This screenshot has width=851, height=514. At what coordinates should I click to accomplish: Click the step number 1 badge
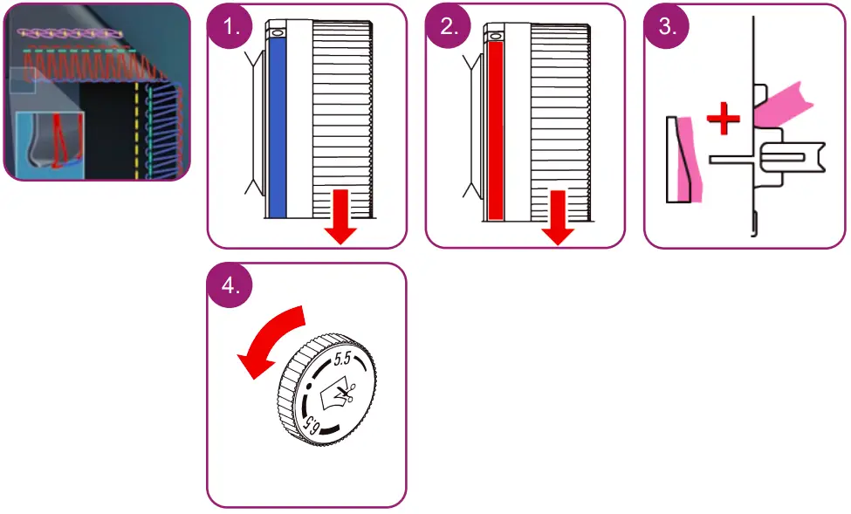230,26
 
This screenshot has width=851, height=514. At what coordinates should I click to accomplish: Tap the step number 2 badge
449,26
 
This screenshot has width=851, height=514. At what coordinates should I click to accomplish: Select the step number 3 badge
667,26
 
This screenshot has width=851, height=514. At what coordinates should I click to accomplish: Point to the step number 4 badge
230,286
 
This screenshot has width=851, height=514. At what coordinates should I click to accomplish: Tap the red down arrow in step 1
340,216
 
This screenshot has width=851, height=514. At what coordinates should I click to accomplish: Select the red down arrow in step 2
558,216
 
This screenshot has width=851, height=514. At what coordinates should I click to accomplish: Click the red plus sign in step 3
723,120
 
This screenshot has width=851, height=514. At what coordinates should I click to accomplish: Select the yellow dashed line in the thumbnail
136,131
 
